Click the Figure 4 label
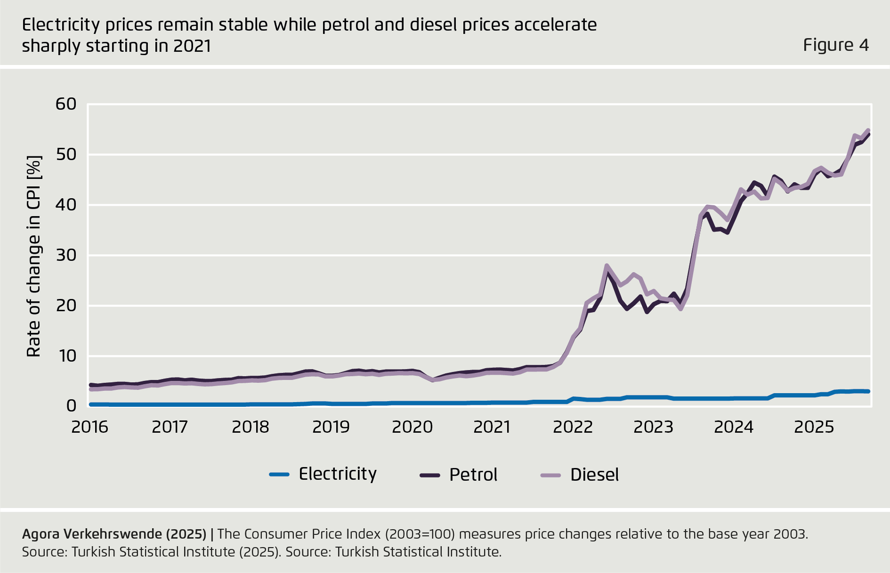tap(835, 45)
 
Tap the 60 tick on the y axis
tap(66, 104)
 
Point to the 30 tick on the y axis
tap(66, 255)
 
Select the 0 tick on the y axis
tap(71, 405)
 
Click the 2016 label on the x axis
tap(89, 427)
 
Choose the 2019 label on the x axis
tap(331, 427)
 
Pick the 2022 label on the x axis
tap(573, 427)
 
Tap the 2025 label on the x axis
tap(814, 427)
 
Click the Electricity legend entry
tap(338, 474)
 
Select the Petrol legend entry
tap(473, 475)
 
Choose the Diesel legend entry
tap(594, 475)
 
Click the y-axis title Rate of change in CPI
tap(34, 256)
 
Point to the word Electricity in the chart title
tap(61, 25)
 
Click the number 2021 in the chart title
tap(192, 46)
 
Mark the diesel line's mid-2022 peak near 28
tap(607, 266)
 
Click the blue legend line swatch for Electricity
tap(279, 475)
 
